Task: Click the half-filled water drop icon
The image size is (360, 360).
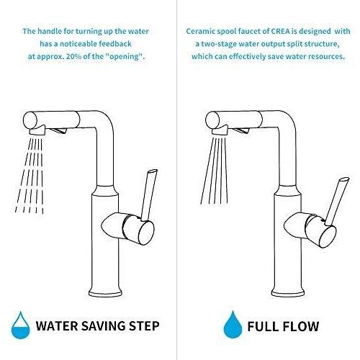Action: coord(21,325)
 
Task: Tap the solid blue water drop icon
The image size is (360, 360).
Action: coord(233,325)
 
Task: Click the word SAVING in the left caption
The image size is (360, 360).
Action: coord(104,325)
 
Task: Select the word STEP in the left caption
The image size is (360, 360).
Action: coord(144,325)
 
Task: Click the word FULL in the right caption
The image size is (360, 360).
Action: coord(263,326)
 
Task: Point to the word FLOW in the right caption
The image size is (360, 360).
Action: coord(300,326)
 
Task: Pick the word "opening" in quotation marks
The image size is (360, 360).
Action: coord(124,57)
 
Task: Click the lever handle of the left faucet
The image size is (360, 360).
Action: coord(149,194)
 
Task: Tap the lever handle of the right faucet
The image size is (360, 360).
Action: coord(337,202)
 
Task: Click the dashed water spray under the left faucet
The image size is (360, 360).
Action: coord(30,175)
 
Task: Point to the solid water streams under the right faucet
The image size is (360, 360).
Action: coord(214,171)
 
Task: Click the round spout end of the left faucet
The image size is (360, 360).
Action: coord(30,120)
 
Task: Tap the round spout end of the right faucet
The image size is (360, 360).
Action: coord(212,120)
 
